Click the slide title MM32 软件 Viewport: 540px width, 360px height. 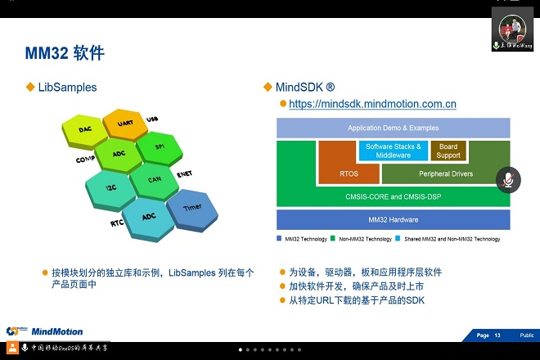[65, 53]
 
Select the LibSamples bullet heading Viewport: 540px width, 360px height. [67, 87]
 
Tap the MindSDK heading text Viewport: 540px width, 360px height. [305, 87]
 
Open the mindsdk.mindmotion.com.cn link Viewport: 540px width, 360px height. [372, 104]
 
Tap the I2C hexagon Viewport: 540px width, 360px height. [110, 187]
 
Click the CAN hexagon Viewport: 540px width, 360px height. [154, 178]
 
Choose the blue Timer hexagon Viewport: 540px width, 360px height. [192, 207]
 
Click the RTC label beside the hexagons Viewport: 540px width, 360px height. [117, 223]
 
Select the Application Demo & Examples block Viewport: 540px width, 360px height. [393, 128]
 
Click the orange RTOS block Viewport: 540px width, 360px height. [349, 173]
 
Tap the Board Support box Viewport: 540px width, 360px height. [448, 151]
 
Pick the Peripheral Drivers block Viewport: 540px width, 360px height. [445, 174]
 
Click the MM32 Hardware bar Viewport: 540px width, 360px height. [393, 219]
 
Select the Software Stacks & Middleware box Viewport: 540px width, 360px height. [393, 151]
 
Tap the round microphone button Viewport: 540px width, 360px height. [509, 179]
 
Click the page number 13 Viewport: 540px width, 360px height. [497, 335]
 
